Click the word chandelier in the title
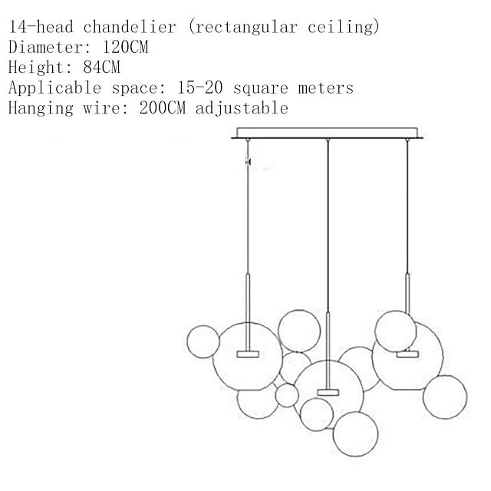coord(130,27)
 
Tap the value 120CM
coord(125,48)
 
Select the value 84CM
coord(101,68)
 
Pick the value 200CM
coord(162,107)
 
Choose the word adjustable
coord(242,108)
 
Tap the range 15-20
coord(199,87)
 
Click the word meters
coord(325,88)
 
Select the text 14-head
coord(41,27)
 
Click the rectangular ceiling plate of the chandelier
coord(327,133)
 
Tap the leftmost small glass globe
coord(203,341)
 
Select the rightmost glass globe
coord(445,397)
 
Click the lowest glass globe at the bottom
coord(355,434)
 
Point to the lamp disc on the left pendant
coord(248,354)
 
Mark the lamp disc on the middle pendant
coord(328,392)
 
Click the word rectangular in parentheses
coord(246,28)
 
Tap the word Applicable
coord(54,88)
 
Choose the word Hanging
coord(41,108)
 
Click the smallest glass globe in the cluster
coord(287,396)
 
